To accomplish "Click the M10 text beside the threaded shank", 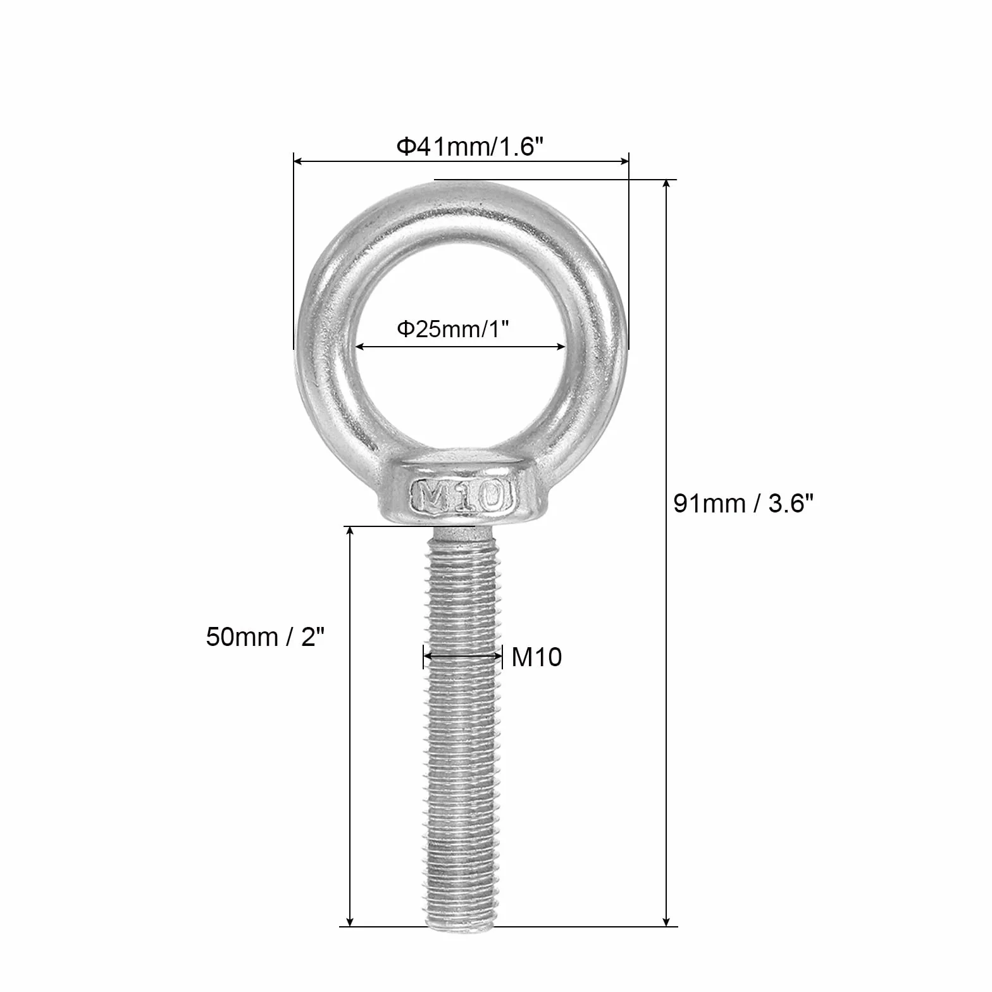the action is [x=536, y=657].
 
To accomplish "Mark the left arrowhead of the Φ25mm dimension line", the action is [x=361, y=346].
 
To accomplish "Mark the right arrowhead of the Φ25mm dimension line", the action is [x=560, y=346].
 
